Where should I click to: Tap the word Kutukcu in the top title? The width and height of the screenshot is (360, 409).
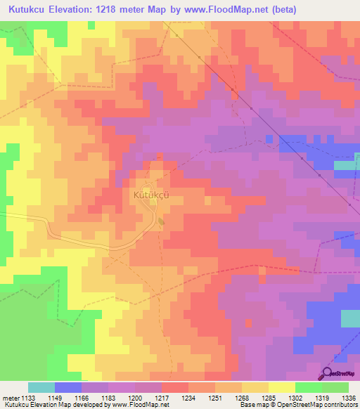coord(32,10)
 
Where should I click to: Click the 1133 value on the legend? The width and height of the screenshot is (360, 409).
coord(28,398)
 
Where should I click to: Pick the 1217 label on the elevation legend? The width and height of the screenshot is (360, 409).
coord(162,398)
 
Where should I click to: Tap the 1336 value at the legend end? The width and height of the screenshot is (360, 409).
coord(348,398)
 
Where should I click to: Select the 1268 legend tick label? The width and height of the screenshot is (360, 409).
coord(242,398)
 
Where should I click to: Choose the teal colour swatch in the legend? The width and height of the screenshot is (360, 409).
coord(41,387)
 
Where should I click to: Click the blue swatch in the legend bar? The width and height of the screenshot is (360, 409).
coord(68,387)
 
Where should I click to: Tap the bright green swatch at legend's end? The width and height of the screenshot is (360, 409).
coord(335,387)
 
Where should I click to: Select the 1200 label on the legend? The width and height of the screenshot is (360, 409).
coord(135,398)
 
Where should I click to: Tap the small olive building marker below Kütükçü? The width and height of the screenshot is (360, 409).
coord(162,222)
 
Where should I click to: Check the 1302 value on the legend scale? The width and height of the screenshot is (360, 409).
coord(295,398)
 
